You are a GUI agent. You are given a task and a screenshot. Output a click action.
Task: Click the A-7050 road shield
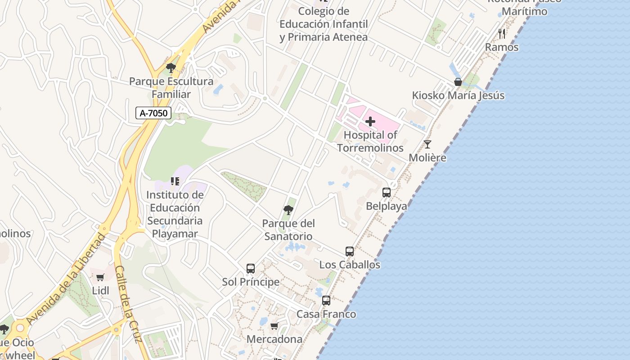point(153,113)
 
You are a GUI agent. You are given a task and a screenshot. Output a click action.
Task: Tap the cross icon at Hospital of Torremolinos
point(370,121)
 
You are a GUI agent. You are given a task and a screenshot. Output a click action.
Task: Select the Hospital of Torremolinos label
point(370,141)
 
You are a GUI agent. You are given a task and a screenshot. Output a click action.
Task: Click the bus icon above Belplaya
point(386,193)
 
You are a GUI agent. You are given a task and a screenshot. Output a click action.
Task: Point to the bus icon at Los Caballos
point(350,252)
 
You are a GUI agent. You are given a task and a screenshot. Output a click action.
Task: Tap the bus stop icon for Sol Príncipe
point(251,269)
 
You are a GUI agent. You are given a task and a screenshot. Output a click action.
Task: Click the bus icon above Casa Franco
point(326,301)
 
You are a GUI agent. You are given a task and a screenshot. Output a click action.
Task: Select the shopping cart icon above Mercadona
point(274,326)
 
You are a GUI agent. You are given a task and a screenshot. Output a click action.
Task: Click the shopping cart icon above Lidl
point(100,277)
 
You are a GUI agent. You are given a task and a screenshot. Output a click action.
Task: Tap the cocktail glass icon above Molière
point(427,144)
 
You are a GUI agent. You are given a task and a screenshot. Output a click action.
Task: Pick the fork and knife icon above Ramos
point(502,34)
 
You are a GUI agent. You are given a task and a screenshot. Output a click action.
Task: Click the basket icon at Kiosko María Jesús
point(458,82)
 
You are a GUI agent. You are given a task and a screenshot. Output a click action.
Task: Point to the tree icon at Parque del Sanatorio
point(288,210)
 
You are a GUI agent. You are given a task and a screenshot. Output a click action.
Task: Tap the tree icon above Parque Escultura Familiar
point(171,68)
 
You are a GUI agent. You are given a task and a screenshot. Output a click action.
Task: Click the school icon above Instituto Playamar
point(175,181)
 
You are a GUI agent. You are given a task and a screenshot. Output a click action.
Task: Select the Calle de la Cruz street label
point(128,304)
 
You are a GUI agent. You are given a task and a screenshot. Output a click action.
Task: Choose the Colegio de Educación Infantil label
point(324,24)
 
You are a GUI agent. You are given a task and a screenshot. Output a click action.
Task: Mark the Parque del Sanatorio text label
point(288,229)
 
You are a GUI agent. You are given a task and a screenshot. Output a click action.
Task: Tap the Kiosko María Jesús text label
point(458,95)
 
